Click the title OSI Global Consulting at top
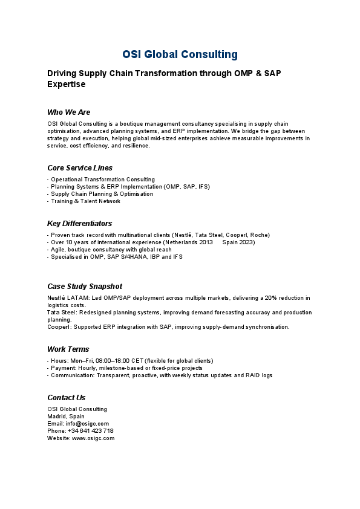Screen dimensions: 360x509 click(x=180, y=54)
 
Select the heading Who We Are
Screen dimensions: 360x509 click(x=68, y=112)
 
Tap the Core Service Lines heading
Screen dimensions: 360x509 click(x=80, y=167)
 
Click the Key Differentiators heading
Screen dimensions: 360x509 click(x=79, y=223)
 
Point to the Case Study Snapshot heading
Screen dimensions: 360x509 click(x=85, y=286)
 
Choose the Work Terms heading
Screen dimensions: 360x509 click(x=68, y=349)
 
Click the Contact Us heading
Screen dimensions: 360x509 click(x=66, y=397)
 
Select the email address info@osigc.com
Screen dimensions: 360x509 click(x=87, y=424)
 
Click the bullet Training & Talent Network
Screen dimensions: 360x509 click(x=85, y=201)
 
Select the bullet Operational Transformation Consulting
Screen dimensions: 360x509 click(x=102, y=180)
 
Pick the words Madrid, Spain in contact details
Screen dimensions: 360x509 click(x=66, y=417)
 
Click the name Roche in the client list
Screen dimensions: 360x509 click(x=260, y=235)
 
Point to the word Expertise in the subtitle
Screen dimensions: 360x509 click(x=67, y=85)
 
